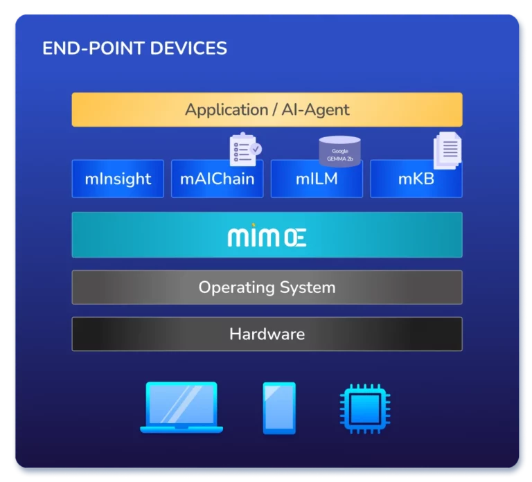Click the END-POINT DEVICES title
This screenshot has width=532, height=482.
[134, 48]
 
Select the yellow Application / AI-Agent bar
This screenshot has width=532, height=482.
[267, 109]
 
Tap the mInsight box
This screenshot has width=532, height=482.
[118, 179]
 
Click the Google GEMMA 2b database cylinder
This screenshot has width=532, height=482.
[339, 151]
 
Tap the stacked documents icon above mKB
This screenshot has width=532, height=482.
[447, 150]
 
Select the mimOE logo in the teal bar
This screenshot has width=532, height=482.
[267, 237]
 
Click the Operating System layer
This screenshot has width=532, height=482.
[267, 287]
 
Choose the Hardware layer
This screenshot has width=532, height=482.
[267, 334]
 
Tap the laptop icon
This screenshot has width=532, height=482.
[181, 408]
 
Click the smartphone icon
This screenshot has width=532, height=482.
[279, 408]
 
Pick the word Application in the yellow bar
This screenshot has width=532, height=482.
[226, 109]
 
